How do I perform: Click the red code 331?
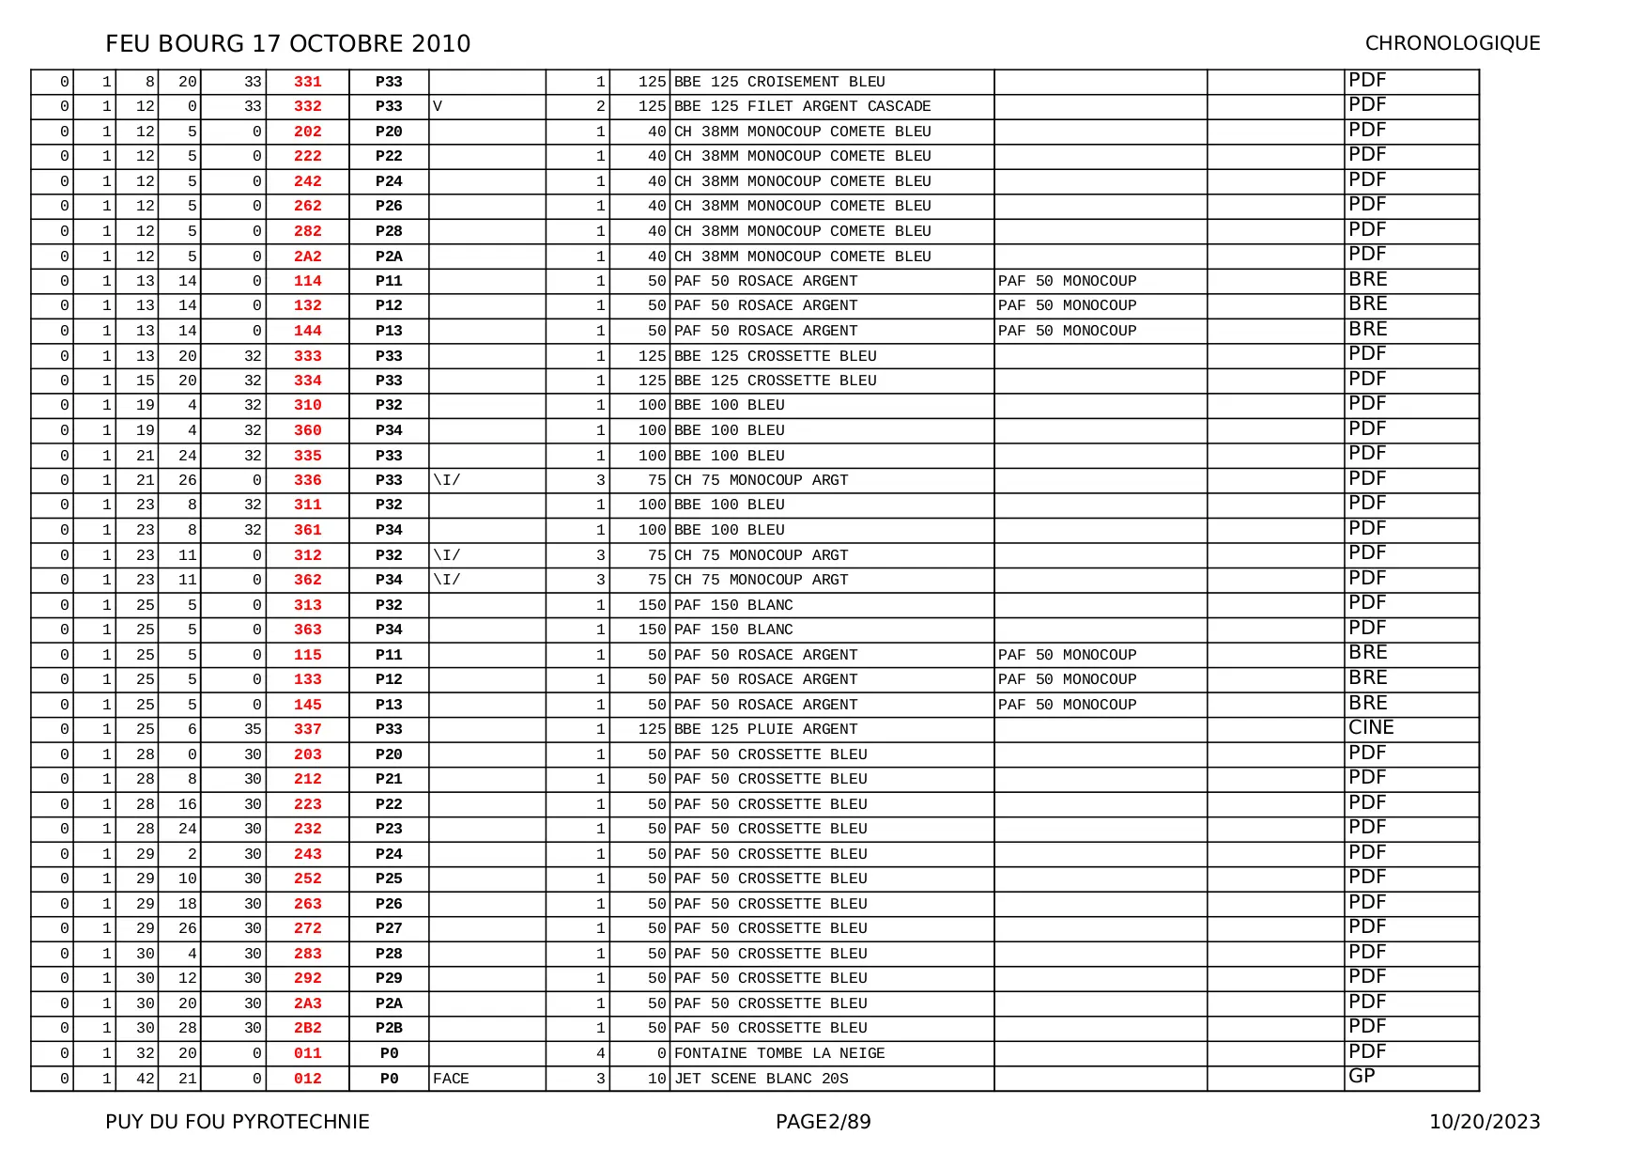point(307,82)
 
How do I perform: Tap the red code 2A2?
point(307,257)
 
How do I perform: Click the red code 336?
point(307,480)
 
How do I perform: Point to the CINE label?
point(1371,727)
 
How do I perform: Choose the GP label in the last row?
point(1362,1077)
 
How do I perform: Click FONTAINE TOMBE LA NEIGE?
point(779,1053)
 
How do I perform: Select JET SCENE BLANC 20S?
point(761,1079)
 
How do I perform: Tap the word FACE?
point(451,1079)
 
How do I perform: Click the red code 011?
point(307,1053)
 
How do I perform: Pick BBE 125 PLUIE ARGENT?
point(765,729)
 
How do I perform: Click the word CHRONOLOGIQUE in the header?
point(1452,43)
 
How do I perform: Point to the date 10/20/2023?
point(1485,1122)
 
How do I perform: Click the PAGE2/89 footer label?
point(823,1122)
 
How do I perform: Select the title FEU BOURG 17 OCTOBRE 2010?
point(287,43)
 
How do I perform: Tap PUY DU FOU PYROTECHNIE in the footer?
point(238,1122)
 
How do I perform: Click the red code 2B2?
point(307,1028)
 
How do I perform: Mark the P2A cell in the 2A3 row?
point(389,1003)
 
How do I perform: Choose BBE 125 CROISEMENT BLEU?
point(779,82)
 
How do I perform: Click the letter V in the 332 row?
point(438,106)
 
